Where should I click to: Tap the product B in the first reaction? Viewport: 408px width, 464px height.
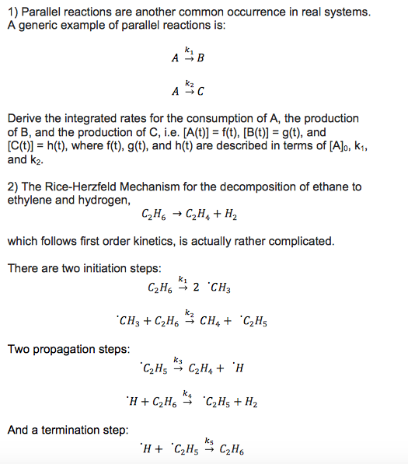coord(201,58)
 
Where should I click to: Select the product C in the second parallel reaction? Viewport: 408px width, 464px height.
coord(201,92)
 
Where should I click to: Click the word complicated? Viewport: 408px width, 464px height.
coord(302,241)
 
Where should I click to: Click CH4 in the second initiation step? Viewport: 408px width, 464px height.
coord(211,321)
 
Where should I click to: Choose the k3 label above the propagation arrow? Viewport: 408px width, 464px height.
coord(178,360)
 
